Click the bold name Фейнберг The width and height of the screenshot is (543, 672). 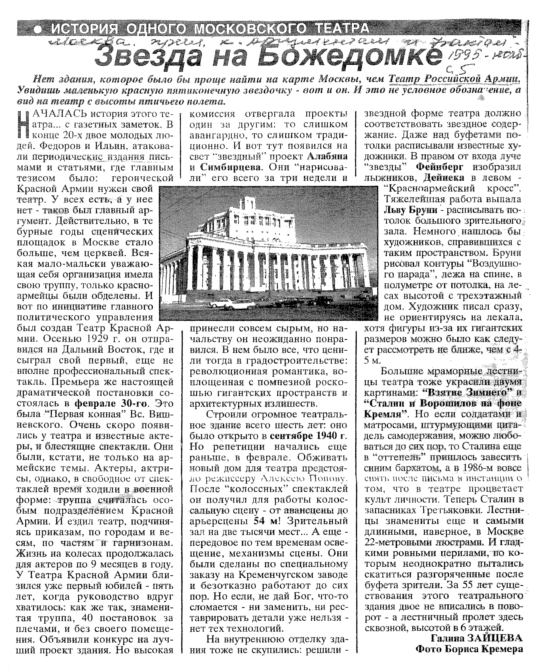pyautogui.click(x=440, y=167)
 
